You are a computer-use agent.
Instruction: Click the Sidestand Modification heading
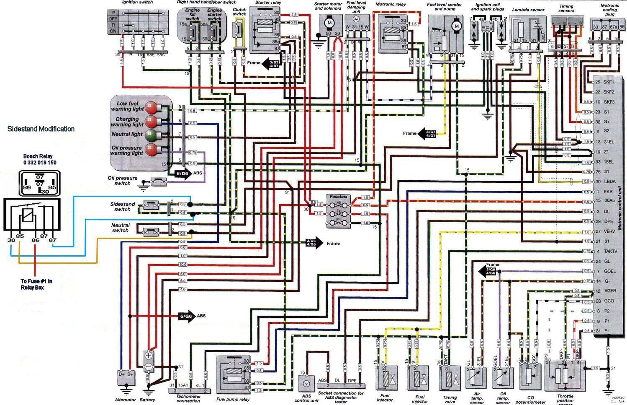point(41,129)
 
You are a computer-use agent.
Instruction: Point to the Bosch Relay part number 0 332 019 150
point(40,162)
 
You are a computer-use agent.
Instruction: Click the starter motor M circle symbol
point(329,22)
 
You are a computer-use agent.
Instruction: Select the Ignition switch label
point(137,3)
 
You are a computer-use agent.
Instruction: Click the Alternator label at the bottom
point(125,400)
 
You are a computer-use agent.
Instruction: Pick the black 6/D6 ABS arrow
point(180,173)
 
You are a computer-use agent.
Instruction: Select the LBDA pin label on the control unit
point(609,182)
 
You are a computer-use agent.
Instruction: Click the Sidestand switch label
point(122,207)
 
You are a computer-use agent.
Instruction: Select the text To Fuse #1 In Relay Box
point(37,284)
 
